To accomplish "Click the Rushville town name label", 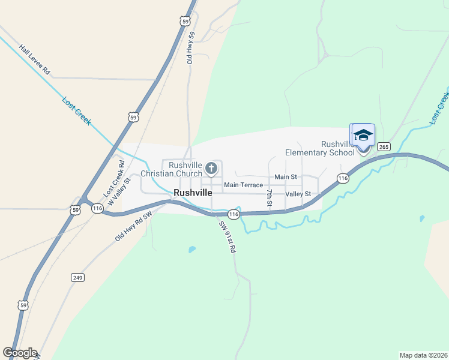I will tap(193, 193).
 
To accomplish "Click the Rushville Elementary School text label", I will tap(320, 148).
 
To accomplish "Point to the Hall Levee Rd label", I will tap(34, 59).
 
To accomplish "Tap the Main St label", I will tap(285, 177).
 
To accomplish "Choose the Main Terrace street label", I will tap(243, 185).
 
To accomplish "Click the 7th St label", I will tap(270, 199).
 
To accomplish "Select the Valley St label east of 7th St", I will tap(298, 194).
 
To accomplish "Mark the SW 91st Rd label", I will tap(227, 237).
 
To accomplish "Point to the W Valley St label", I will tap(119, 188).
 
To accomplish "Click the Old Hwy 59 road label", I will tap(191, 48).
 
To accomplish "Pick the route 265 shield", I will tap(385, 146).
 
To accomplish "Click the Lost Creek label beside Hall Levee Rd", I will tap(77, 110).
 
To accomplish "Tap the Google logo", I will tap(20, 353).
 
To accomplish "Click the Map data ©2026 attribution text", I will tap(423, 355).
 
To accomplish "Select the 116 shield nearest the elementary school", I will tap(343, 178).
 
